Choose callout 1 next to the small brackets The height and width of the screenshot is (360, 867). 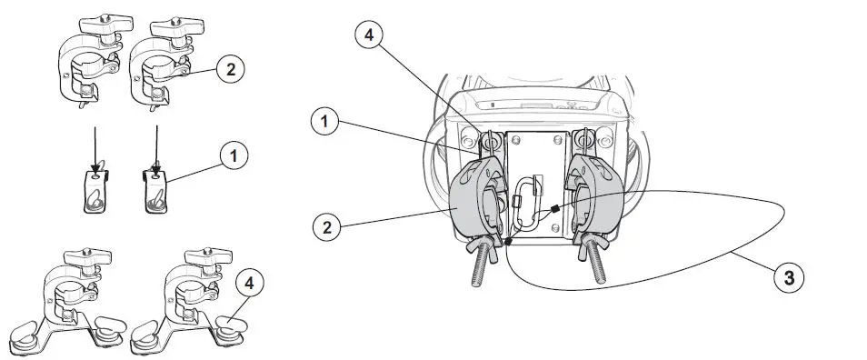234,156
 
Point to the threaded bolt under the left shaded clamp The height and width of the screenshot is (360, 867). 479,264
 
